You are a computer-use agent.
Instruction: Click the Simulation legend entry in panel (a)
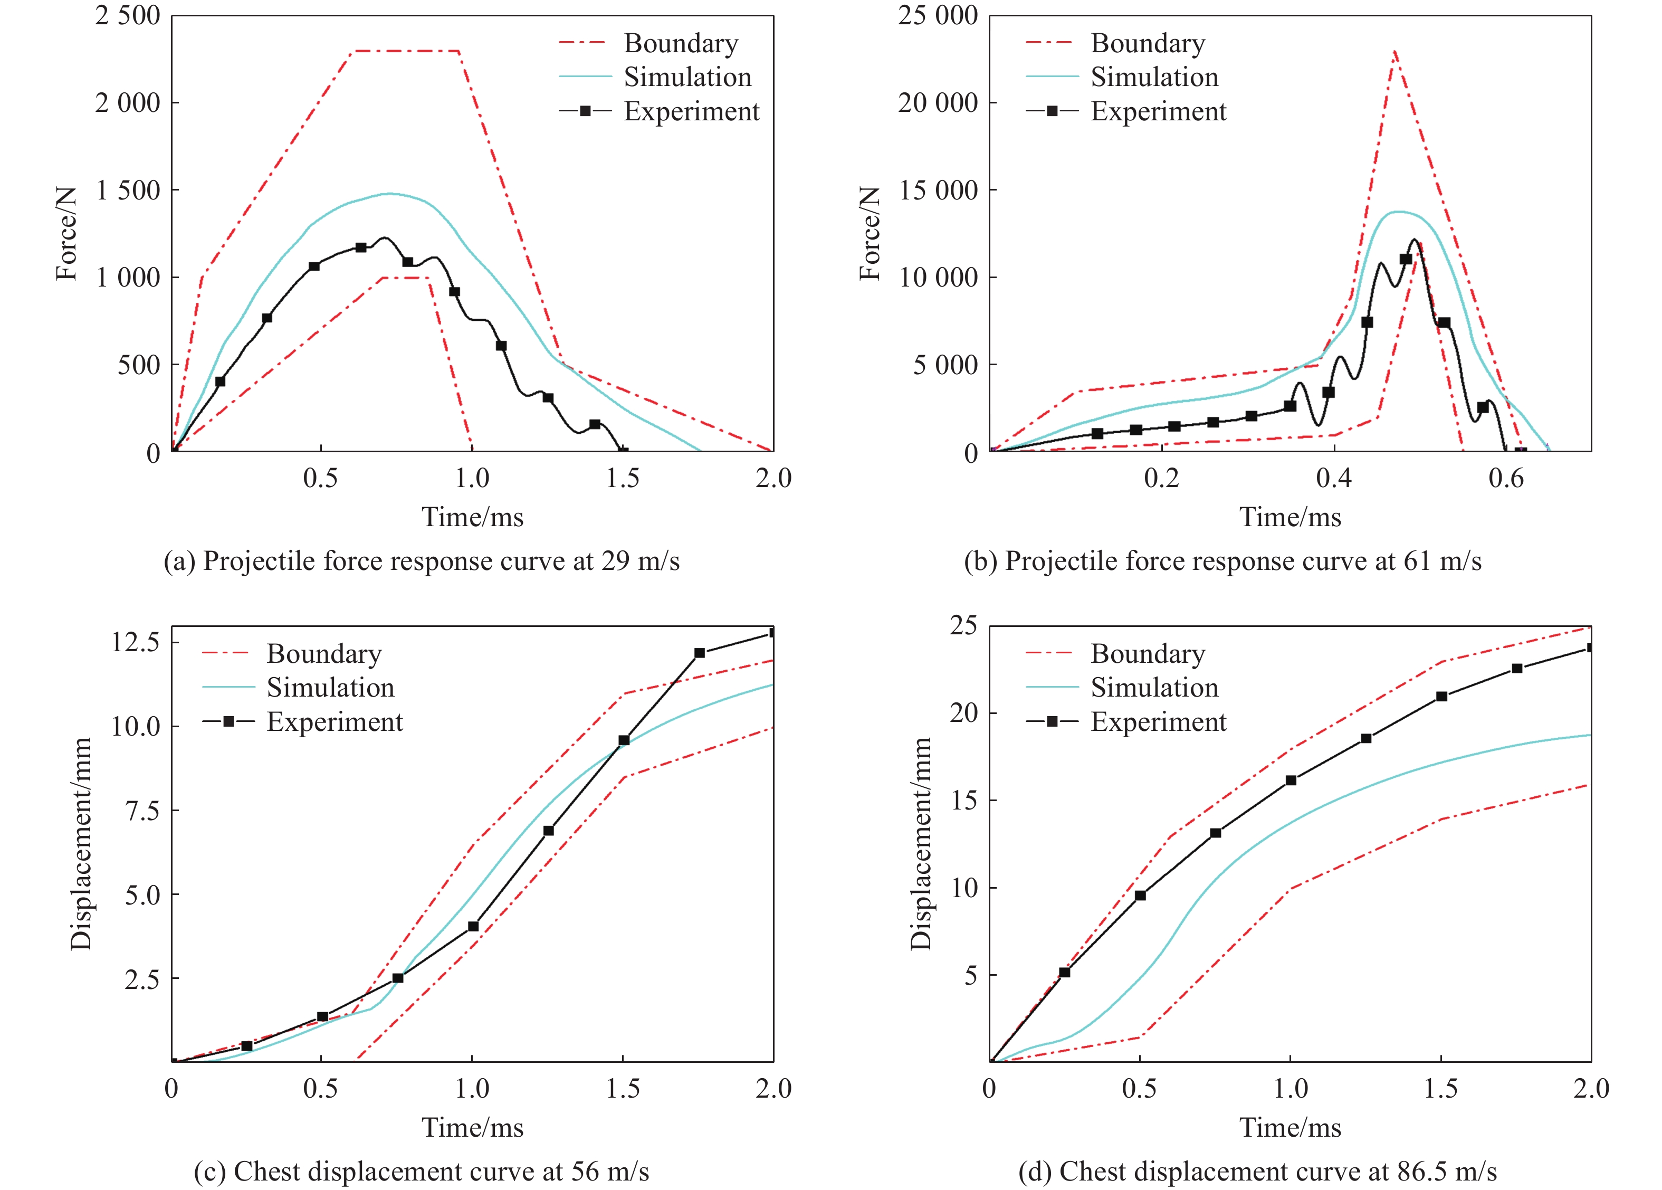pyautogui.click(x=687, y=77)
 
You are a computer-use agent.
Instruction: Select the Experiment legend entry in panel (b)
pyautogui.click(x=1157, y=111)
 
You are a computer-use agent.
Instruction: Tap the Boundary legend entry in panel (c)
pyautogui.click(x=324, y=654)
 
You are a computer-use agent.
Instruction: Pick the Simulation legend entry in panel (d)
pyautogui.click(x=1154, y=687)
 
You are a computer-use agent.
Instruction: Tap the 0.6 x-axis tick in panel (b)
pyautogui.click(x=1506, y=479)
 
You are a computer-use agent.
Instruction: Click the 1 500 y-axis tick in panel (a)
pyautogui.click(x=128, y=191)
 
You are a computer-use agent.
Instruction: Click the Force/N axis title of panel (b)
pyautogui.click(x=870, y=233)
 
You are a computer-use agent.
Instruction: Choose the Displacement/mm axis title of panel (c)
pyautogui.click(x=81, y=843)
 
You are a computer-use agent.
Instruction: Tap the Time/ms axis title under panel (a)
pyautogui.click(x=472, y=517)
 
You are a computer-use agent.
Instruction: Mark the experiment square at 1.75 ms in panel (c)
pyautogui.click(x=700, y=653)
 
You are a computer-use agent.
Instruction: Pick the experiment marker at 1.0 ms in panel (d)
pyautogui.click(x=1291, y=780)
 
